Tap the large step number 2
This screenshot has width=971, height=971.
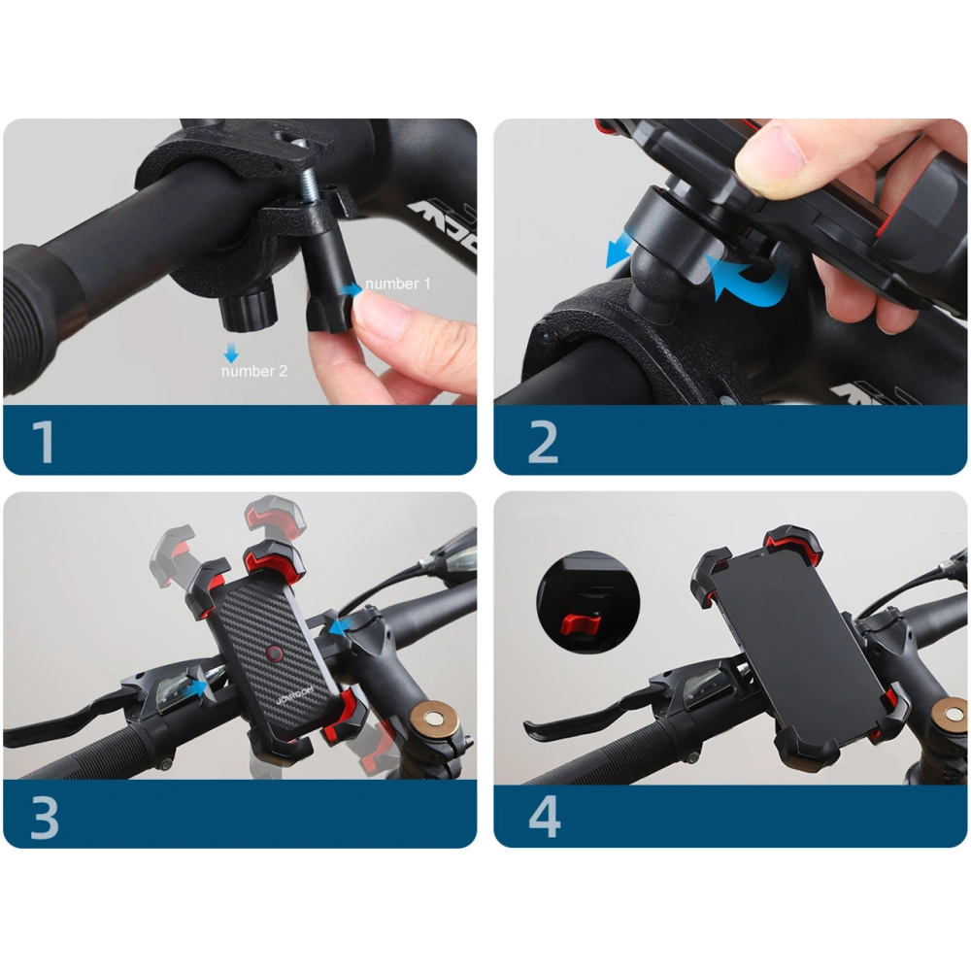click(544, 441)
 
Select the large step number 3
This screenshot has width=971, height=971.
click(45, 817)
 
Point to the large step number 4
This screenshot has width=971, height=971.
click(545, 817)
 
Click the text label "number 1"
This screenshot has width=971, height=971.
click(398, 285)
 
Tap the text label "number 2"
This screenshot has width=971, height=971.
click(254, 371)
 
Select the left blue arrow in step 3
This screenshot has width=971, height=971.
click(201, 687)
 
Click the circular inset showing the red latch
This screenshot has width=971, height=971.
click(583, 597)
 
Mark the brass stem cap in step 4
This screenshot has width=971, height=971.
click(950, 717)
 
